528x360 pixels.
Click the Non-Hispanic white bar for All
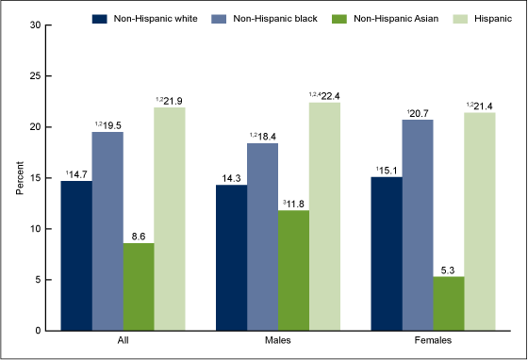pos(77,255)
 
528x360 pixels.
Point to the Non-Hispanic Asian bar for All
pos(139,286)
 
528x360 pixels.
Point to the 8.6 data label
pos(139,236)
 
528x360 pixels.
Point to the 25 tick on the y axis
pos(35,75)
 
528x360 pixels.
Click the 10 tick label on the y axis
pos(35,229)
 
